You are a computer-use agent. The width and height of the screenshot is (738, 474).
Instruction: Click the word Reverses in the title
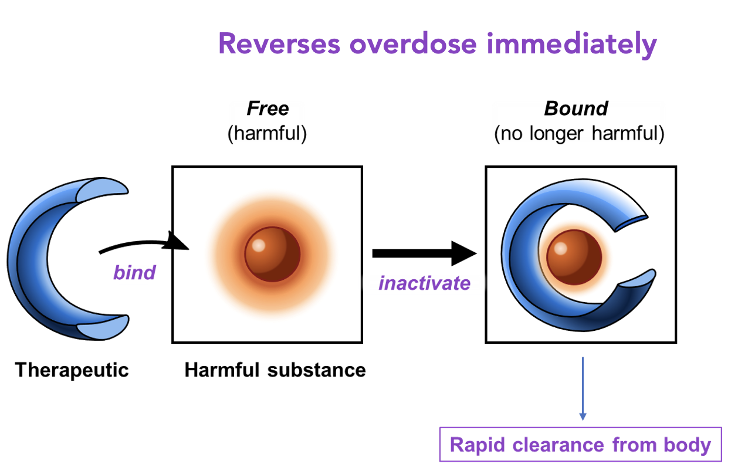279,44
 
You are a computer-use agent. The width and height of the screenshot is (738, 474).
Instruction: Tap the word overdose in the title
413,44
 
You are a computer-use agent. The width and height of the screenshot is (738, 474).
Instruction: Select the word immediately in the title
571,45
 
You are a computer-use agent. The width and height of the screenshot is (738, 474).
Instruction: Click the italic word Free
268,109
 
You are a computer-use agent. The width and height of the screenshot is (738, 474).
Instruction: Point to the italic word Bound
576,109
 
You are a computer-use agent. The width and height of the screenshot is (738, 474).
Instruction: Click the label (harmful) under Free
267,133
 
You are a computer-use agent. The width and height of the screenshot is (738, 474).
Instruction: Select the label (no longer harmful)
579,133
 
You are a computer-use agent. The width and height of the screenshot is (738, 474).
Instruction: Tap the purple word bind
134,273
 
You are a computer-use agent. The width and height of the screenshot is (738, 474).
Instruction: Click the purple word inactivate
424,283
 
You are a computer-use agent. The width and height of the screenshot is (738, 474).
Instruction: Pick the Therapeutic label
72,370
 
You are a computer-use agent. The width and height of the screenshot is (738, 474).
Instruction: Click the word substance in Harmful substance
316,370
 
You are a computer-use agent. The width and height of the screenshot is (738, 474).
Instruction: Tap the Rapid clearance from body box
581,444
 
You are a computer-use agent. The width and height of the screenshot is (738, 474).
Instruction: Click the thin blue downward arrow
583,389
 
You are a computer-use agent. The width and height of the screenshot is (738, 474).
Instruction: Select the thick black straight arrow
424,253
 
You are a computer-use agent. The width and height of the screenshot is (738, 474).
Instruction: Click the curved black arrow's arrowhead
177,242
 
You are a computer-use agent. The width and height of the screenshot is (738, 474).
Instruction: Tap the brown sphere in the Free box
272,254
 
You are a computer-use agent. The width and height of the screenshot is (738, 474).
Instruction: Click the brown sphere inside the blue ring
574,258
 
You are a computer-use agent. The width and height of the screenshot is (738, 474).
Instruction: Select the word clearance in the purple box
558,445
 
